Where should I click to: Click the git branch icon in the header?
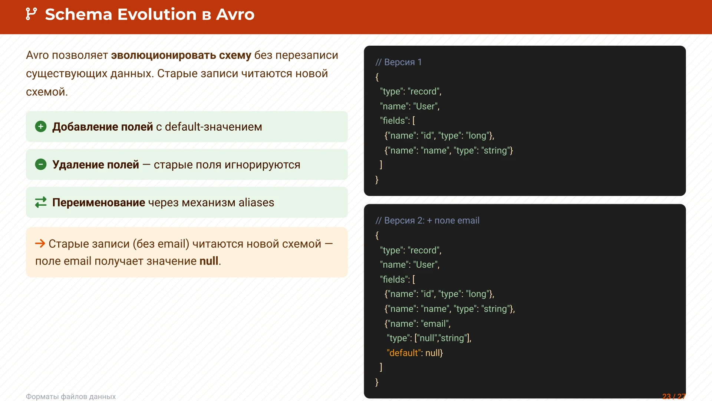click(31, 14)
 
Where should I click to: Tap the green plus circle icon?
click(41, 127)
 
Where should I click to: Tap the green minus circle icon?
click(41, 164)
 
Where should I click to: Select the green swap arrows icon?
click(41, 202)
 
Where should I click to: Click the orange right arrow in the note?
click(40, 244)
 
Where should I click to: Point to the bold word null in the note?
click(209, 261)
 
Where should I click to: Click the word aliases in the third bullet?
click(256, 202)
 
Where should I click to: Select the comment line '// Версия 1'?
click(399, 62)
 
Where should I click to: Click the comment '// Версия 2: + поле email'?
click(427, 221)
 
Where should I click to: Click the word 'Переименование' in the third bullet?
click(99, 202)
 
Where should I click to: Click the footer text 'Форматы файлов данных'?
click(71, 397)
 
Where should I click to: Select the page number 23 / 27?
click(674, 397)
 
